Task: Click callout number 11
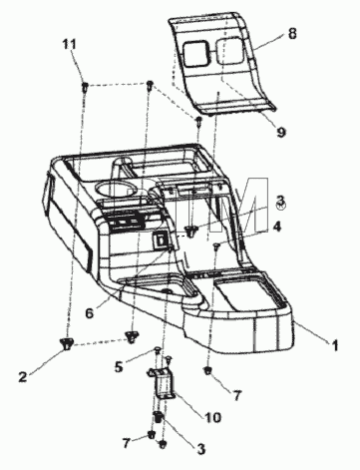(x=70, y=44)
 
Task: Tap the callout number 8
(x=292, y=34)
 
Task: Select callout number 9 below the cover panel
(x=281, y=133)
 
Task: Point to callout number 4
(x=276, y=227)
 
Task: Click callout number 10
(x=212, y=417)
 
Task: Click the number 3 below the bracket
(x=200, y=449)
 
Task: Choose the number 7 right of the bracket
(x=236, y=395)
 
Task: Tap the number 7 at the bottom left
(x=126, y=443)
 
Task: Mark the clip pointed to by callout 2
(x=67, y=342)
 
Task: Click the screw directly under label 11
(x=85, y=87)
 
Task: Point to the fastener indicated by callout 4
(x=216, y=246)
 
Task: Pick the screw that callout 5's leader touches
(x=157, y=350)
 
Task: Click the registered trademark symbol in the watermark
(x=281, y=206)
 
